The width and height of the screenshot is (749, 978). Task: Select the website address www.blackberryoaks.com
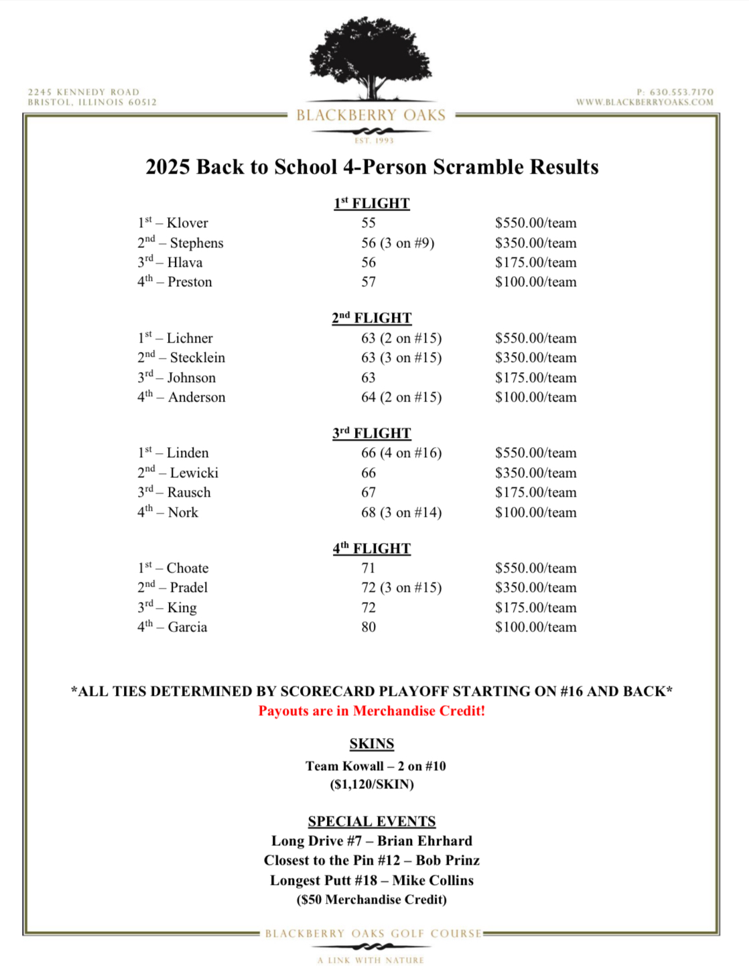(644, 103)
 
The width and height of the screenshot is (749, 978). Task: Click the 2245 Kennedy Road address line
(84, 92)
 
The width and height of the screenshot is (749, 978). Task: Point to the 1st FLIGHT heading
(372, 203)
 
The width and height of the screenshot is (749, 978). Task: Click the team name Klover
(187, 223)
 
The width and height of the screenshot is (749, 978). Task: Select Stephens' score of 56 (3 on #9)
(397, 243)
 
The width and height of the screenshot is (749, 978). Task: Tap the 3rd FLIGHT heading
(372, 433)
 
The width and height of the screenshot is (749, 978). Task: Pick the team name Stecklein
(197, 358)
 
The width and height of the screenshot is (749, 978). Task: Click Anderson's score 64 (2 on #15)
(401, 398)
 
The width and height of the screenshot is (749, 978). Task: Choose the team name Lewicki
(194, 473)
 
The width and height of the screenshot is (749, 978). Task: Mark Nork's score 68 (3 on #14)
(401, 513)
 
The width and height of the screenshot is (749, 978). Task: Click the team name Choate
(187, 568)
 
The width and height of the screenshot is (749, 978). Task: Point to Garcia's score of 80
(368, 627)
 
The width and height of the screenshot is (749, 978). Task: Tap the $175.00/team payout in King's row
(535, 608)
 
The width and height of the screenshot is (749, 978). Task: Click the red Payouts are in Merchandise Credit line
(372, 711)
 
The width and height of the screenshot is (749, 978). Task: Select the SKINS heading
(372, 744)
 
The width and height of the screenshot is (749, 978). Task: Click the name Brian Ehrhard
(425, 841)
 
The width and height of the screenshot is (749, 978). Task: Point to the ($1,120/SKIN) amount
(372, 784)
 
